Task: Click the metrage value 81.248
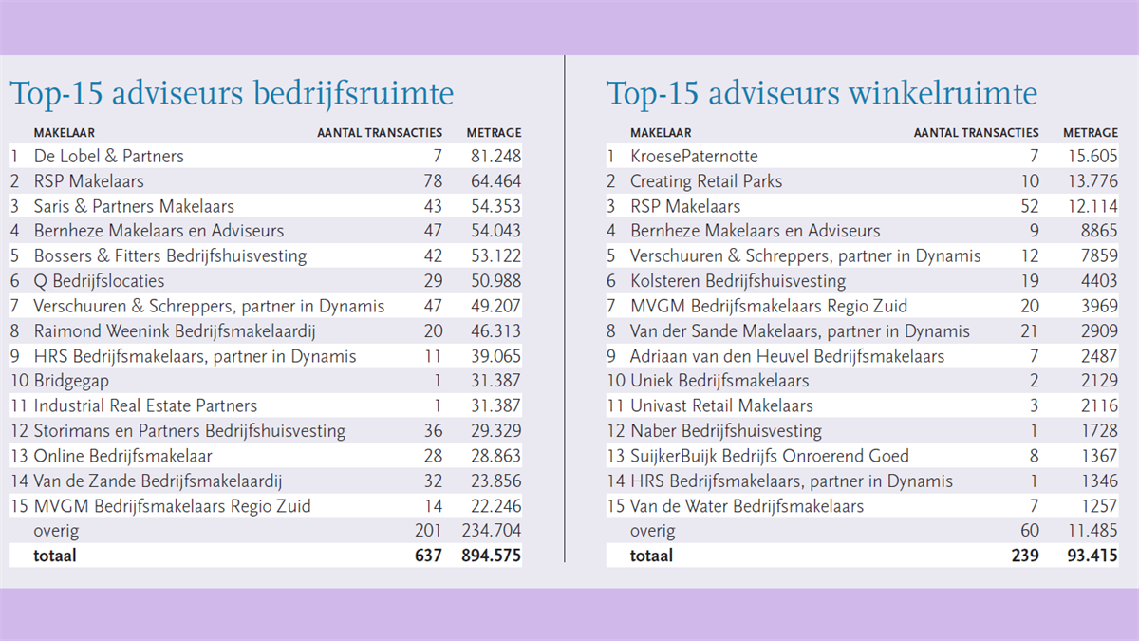(495, 156)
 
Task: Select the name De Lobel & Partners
(109, 156)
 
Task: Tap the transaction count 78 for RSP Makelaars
(433, 181)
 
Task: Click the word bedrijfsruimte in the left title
(353, 94)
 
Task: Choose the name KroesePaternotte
(694, 156)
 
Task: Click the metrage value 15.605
(1092, 156)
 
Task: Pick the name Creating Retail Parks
(706, 181)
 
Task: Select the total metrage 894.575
(492, 555)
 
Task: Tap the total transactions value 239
(1025, 555)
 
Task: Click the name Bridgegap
(71, 381)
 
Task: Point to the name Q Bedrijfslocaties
(99, 281)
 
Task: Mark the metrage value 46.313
(495, 331)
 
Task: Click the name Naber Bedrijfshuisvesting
(726, 431)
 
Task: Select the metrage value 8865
(1099, 231)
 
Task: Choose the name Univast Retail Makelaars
(721, 405)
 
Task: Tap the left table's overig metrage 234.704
(492, 531)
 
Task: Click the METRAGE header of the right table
(1091, 133)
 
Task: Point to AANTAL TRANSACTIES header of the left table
(380, 133)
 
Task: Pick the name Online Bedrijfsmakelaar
(122, 456)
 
